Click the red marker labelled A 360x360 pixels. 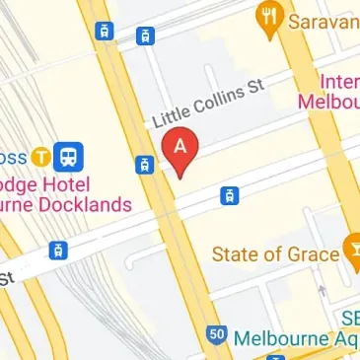point(180,148)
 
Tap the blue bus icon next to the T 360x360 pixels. point(68,155)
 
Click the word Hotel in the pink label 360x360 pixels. point(65,184)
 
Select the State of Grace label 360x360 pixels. point(276,255)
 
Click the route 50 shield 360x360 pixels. point(215,335)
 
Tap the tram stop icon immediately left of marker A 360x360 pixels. point(144,165)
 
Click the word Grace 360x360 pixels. point(316,255)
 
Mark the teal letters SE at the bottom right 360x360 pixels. point(349,316)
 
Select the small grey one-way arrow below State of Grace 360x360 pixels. point(321,291)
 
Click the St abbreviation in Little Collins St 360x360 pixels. point(257,87)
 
